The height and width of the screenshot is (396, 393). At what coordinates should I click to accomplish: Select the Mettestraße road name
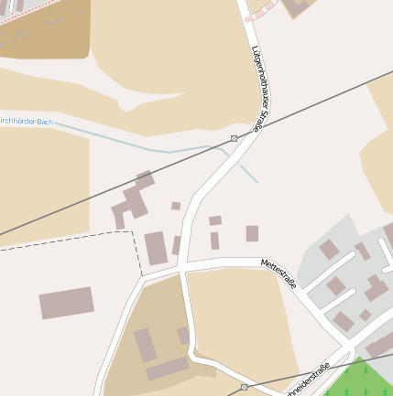pos(279,273)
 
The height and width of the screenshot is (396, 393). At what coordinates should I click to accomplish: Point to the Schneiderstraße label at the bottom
pos(308,382)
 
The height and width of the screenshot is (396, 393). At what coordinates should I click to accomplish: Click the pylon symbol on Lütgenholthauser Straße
pos(235,138)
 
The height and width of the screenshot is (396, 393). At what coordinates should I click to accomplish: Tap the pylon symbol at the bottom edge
pos(244,387)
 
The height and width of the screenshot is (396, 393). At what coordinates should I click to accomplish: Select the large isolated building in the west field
pos(66,303)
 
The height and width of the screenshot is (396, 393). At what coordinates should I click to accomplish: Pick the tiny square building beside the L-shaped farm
pos(176,206)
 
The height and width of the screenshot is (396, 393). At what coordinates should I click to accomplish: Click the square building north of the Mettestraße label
pos(252,233)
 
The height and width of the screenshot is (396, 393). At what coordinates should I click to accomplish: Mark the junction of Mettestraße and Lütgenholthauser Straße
pos(184,268)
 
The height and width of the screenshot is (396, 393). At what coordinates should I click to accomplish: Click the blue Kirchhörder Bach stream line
pos(137,142)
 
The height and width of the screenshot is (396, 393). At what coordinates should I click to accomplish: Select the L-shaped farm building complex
pos(133,199)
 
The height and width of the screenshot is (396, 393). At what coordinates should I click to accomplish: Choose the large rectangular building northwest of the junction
pos(156,246)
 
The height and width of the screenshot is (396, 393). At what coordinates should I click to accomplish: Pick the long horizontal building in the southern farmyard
pos(167,369)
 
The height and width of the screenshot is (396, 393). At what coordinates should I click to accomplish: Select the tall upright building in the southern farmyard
pos(146,345)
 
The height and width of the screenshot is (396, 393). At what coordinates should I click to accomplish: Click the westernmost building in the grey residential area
pos(329,250)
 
